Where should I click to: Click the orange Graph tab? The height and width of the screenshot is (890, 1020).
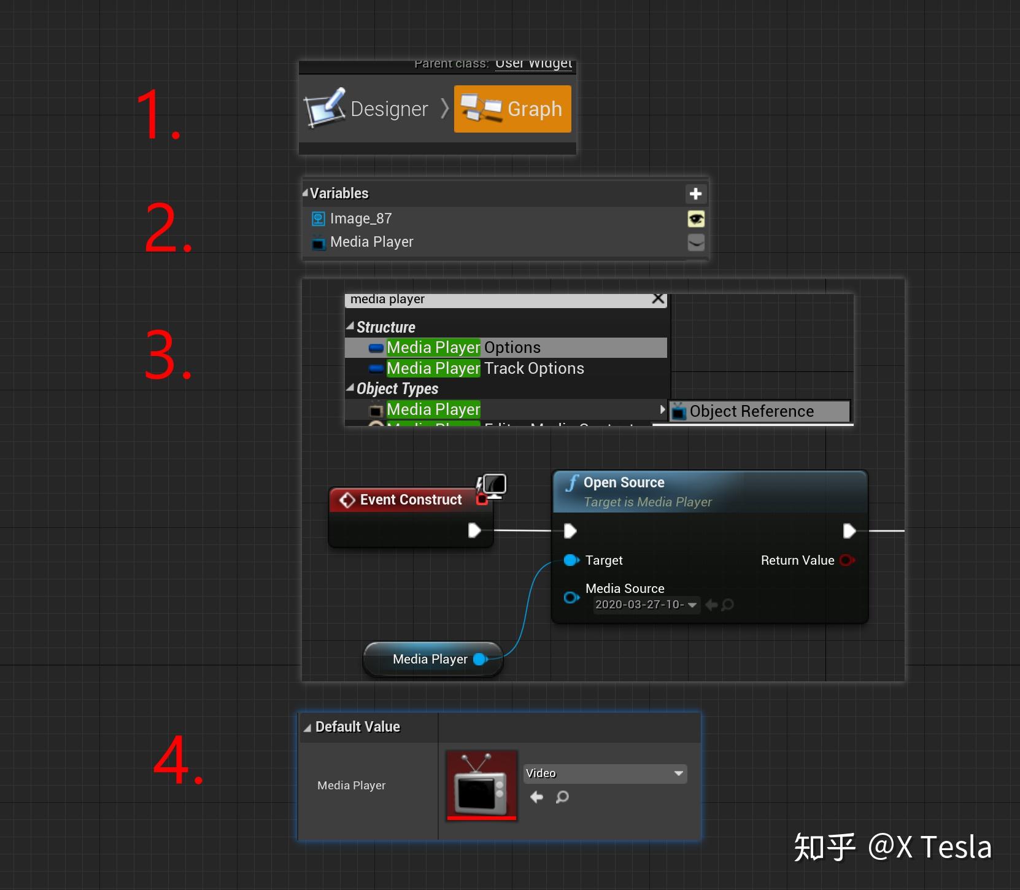click(512, 109)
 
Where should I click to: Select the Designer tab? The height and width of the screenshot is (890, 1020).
click(369, 109)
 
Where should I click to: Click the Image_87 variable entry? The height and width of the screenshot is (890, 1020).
click(361, 219)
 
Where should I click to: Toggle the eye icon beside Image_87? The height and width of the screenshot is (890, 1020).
click(695, 219)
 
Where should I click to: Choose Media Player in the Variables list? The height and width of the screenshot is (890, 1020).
click(371, 242)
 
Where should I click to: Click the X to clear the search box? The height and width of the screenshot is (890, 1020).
click(658, 299)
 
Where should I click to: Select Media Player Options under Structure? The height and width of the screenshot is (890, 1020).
click(463, 347)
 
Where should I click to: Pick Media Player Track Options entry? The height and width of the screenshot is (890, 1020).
click(485, 368)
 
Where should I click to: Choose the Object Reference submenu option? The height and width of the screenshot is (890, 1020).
click(751, 411)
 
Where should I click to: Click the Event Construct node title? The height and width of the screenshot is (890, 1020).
click(411, 500)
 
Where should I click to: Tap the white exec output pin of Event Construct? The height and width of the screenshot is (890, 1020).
click(474, 530)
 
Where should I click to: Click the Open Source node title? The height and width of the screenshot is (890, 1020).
click(624, 482)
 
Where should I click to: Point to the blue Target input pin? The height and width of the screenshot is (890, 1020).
click(571, 560)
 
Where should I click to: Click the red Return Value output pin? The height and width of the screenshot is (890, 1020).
click(847, 560)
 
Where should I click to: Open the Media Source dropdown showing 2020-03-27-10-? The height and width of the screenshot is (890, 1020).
click(646, 605)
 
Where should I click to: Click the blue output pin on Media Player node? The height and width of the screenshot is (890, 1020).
click(481, 659)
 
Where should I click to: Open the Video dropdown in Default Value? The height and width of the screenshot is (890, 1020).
click(605, 773)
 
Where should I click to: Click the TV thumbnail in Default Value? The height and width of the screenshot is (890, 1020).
click(482, 785)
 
